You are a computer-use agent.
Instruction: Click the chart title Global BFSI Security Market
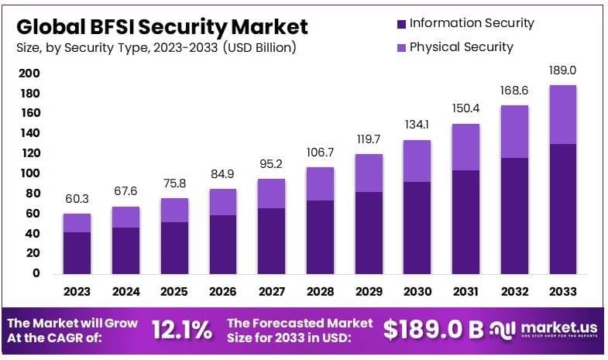pyautogui.click(x=162, y=26)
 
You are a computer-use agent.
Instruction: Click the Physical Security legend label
pyautogui.click(x=461, y=47)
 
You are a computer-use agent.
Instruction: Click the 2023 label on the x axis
pyautogui.click(x=77, y=292)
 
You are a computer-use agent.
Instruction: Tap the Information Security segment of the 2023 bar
pyautogui.click(x=77, y=252)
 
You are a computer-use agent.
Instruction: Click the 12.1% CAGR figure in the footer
pyautogui.click(x=182, y=331)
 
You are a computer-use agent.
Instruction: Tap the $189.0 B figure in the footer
pyautogui.click(x=433, y=331)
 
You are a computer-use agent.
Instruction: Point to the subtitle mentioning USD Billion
pyautogui.click(x=156, y=48)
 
